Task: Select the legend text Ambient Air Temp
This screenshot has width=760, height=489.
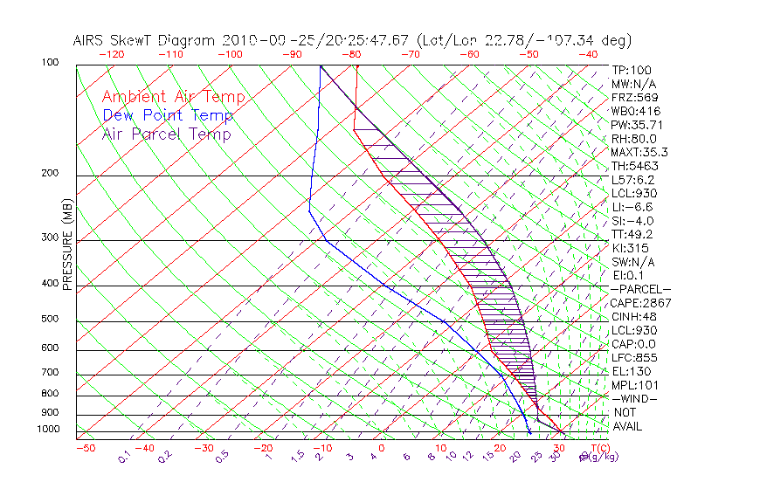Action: pyautogui.click(x=174, y=97)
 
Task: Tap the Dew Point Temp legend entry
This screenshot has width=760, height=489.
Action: pyautogui.click(x=168, y=116)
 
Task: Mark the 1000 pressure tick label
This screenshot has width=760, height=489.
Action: pyautogui.click(x=50, y=430)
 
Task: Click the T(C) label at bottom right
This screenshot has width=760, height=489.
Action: pyautogui.click(x=601, y=448)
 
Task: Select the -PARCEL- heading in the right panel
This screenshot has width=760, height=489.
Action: pyautogui.click(x=640, y=289)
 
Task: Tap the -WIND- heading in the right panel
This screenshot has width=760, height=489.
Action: pyautogui.click(x=635, y=399)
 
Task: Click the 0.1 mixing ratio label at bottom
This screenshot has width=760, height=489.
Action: pyautogui.click(x=125, y=456)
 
